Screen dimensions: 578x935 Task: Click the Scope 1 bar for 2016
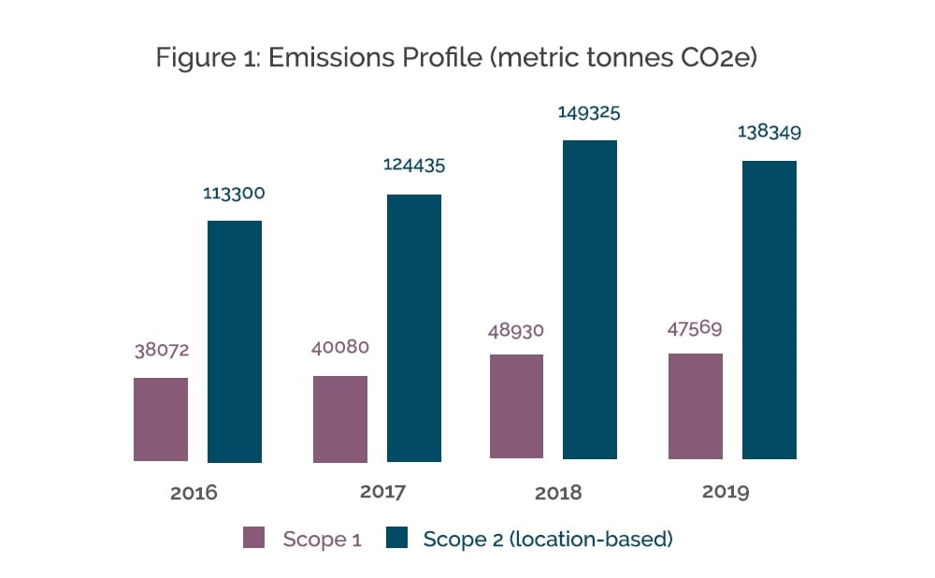161,419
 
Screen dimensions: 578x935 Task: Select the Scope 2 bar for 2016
234,341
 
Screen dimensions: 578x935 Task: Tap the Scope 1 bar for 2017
340,419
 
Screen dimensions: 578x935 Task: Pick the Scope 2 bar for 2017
414,328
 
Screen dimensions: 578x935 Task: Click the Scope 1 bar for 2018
516,407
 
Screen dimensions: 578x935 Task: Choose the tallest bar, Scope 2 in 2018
590,299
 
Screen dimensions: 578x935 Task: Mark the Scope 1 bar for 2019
696,406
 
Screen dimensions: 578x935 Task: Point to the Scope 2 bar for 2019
770,310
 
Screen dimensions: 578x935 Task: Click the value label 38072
160,351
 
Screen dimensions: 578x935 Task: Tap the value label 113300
234,194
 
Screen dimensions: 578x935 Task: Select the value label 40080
339,347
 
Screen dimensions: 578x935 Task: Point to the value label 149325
589,112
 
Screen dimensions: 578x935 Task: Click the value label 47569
696,327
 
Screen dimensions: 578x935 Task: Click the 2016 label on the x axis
194,493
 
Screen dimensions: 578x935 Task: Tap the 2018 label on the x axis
558,493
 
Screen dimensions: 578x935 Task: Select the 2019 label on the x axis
726,492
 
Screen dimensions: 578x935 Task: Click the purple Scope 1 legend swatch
255,538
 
